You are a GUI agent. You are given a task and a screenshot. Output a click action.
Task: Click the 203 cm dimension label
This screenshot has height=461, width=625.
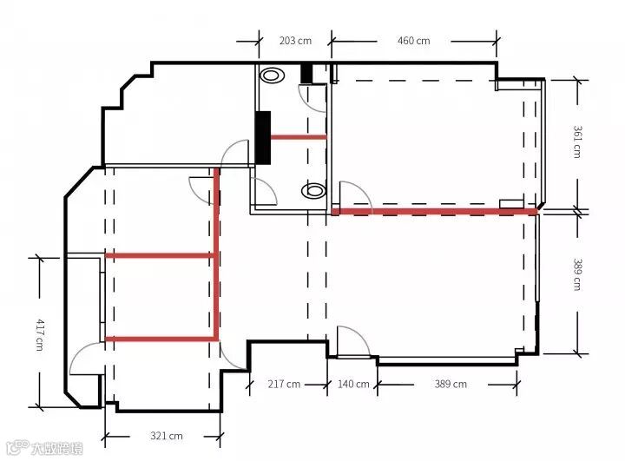click(x=295, y=41)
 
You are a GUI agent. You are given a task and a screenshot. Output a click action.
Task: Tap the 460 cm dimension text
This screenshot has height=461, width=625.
click(x=414, y=41)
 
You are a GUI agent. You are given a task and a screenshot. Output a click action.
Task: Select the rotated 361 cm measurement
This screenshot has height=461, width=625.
click(x=577, y=142)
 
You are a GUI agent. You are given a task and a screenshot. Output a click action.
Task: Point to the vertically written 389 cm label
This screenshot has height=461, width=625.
click(x=577, y=274)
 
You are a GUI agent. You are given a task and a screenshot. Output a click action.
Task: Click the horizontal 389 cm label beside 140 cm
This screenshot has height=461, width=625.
click(x=451, y=384)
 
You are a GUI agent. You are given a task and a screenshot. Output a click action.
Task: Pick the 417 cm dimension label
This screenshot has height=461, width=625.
click(x=40, y=334)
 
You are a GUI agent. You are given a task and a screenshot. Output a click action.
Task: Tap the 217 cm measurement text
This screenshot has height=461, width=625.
click(x=284, y=384)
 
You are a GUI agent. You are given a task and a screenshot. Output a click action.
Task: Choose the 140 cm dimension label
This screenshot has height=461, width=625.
click(x=353, y=384)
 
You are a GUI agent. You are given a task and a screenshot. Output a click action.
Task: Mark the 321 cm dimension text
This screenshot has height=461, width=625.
click(x=167, y=436)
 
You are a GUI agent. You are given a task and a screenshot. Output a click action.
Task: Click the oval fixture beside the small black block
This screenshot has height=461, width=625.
click(x=272, y=75)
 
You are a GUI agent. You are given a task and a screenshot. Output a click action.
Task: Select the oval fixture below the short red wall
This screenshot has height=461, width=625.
click(x=313, y=191)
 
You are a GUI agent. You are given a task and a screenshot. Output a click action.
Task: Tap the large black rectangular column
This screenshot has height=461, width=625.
click(x=263, y=137)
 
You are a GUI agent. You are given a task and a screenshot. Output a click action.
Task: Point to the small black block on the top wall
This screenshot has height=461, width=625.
click(x=306, y=73)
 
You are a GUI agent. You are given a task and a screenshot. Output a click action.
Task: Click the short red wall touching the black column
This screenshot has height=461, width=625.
click(x=299, y=137)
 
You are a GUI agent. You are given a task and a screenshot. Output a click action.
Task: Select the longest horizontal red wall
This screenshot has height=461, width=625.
click(x=435, y=211)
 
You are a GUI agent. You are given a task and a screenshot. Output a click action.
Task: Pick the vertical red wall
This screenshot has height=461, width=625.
click(x=217, y=254)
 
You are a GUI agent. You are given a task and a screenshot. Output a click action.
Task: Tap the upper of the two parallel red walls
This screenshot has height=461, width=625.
click(x=160, y=255)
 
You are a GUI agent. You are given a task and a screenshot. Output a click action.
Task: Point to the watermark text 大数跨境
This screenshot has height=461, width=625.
click(x=57, y=448)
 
